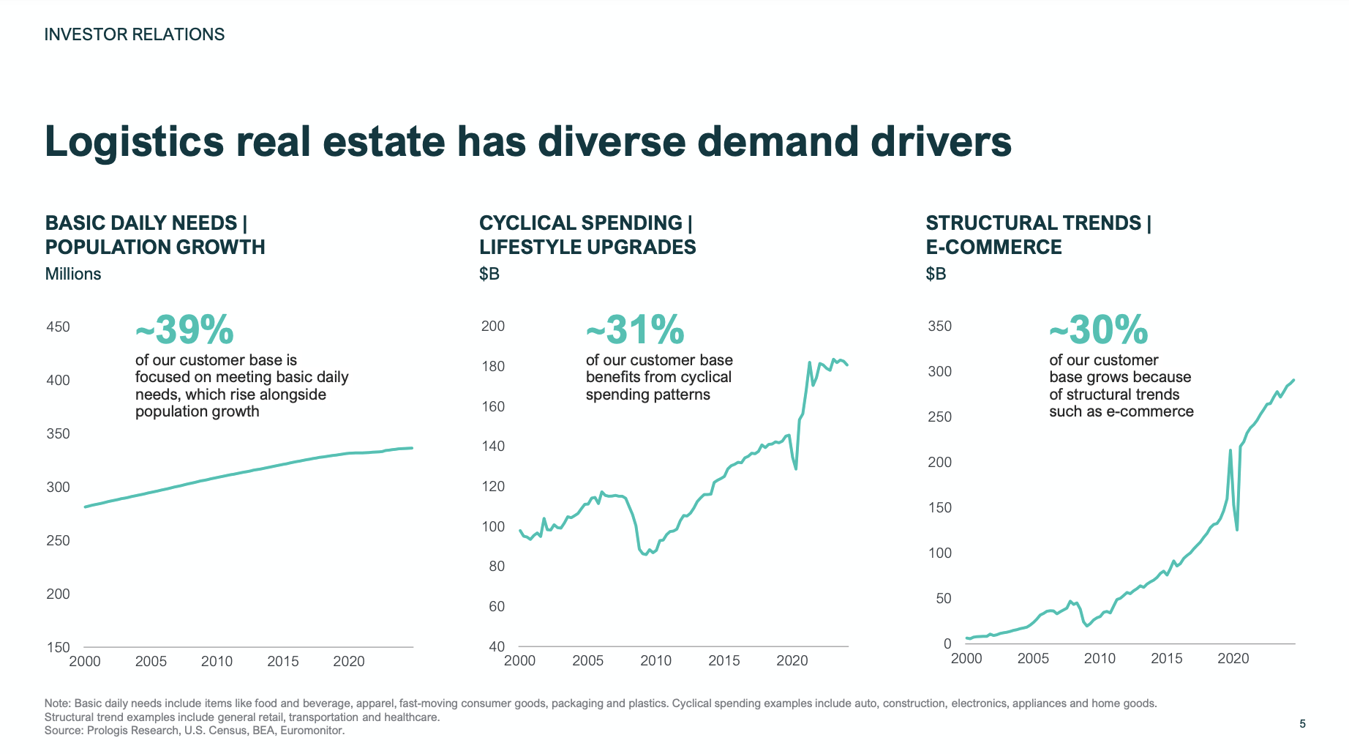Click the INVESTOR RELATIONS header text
135,34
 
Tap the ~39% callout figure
184,330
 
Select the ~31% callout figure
635,330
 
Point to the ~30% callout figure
1098,330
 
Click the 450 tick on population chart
58,327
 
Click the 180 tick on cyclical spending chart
493,367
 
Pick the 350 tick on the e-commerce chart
939,326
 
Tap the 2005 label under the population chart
151,662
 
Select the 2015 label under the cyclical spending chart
724,661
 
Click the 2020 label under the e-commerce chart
1233,659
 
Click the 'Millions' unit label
73,275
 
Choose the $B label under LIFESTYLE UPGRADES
489,275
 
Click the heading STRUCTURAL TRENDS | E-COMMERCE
1038,235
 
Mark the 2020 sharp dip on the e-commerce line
1237,529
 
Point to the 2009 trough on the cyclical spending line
645,554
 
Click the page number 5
1302,724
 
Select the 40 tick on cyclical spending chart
497,646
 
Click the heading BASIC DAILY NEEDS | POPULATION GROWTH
154,235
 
